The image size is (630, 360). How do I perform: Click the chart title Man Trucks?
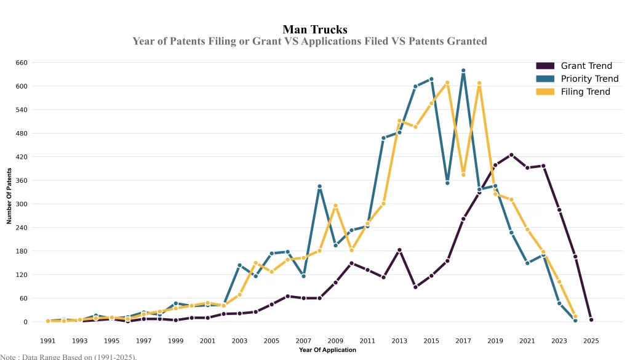tap(315, 29)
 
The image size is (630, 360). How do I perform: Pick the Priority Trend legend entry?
tap(589, 79)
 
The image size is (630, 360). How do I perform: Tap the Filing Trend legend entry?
tap(585, 92)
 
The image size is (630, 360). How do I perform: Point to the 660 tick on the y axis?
tap(22, 63)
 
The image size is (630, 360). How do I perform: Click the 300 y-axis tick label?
tap(22, 204)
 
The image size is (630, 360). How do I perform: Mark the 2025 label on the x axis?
tap(591, 340)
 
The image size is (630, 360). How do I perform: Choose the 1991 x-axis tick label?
tap(47, 340)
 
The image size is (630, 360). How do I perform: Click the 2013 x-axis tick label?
tap(399, 340)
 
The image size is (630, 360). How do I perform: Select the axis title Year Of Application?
tap(327, 350)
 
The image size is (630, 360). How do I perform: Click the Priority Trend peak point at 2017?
tap(463, 71)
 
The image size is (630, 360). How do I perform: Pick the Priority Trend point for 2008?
tap(319, 186)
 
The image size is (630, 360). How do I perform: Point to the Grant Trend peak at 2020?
tap(511, 155)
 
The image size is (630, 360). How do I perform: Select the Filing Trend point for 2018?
tap(479, 83)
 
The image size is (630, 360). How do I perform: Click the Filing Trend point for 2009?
tap(335, 206)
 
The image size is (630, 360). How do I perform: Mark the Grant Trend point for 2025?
tap(591, 320)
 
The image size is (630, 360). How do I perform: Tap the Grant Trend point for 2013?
tap(399, 250)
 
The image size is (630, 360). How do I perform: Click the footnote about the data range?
tap(68, 356)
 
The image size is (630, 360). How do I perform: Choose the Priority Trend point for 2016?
tap(447, 183)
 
